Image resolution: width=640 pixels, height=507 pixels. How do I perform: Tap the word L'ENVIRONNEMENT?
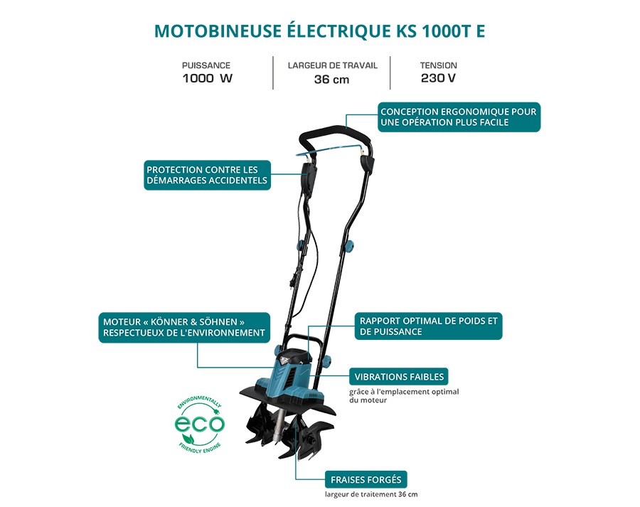(222, 333)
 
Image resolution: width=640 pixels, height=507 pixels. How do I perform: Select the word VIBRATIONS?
(382, 377)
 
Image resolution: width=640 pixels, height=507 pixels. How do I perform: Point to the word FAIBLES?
(427, 377)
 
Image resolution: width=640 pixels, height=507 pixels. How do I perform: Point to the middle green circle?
(198, 425)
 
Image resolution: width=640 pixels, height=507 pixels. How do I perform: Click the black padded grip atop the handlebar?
(334, 134)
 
